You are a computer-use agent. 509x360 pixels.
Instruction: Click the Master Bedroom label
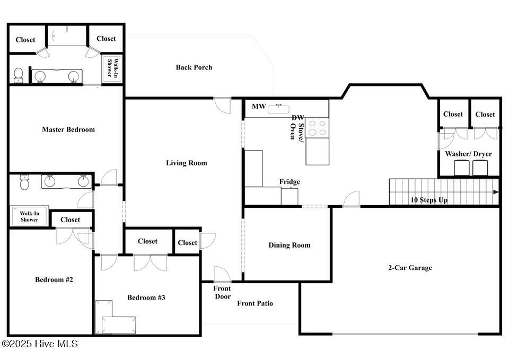(68, 129)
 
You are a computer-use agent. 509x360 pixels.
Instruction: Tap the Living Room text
(186, 163)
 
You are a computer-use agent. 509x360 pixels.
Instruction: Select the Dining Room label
(289, 245)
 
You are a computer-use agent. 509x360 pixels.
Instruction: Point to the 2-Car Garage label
(410, 268)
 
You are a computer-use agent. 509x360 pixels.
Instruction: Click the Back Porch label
(194, 67)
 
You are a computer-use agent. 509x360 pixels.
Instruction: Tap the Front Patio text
(255, 303)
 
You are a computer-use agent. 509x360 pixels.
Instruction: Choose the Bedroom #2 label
(54, 279)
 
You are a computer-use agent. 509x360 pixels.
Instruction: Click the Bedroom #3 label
(146, 297)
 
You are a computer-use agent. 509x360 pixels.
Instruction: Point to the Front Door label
(222, 292)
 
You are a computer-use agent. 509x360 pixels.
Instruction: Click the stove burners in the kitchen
(317, 128)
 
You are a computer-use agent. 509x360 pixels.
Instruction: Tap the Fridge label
(289, 182)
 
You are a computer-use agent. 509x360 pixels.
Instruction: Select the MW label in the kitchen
(259, 107)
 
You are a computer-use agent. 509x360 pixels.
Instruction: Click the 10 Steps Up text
(429, 200)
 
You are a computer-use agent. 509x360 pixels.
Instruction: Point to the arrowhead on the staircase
(496, 192)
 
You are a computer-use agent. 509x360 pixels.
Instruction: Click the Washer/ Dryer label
(468, 154)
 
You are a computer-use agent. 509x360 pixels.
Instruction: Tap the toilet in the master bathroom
(19, 75)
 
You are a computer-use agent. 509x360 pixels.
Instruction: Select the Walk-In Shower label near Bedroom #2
(29, 216)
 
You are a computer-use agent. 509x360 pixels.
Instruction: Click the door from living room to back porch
(222, 106)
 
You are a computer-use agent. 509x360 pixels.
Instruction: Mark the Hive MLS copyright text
(40, 344)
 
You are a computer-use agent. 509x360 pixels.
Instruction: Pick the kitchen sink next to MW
(278, 109)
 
